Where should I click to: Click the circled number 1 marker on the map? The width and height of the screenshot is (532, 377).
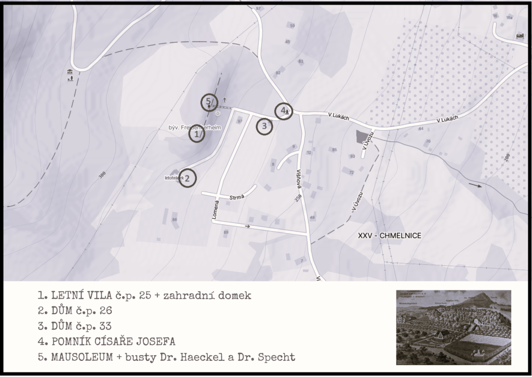click(196, 134)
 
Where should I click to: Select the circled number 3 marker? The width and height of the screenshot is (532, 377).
click(264, 126)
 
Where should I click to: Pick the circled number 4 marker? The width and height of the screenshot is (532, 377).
click(283, 111)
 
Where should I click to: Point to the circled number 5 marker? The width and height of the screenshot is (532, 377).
click(209, 102)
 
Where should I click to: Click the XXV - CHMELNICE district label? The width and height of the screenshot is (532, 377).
click(390, 236)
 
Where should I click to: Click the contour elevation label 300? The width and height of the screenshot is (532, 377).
click(102, 175)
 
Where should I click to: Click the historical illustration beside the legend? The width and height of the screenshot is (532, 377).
click(453, 327)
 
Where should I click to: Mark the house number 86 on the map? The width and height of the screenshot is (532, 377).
click(175, 220)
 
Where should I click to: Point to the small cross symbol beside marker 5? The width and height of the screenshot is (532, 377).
click(224, 100)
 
